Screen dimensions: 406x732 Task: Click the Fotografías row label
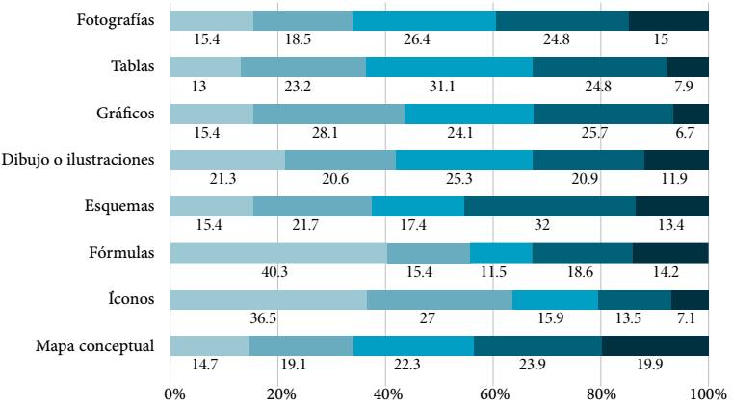[x=116, y=20]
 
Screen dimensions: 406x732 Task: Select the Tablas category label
[x=133, y=66]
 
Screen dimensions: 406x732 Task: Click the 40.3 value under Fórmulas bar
[x=276, y=272]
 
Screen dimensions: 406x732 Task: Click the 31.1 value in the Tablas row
[x=450, y=86]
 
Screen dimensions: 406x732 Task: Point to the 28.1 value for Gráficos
[x=328, y=132]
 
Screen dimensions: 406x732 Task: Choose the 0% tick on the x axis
[x=174, y=393]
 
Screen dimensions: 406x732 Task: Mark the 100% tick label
[x=706, y=393]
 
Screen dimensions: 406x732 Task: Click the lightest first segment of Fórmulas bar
[x=277, y=253]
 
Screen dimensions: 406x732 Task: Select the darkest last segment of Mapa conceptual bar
[x=655, y=346]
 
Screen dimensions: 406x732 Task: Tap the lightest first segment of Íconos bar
[x=268, y=299]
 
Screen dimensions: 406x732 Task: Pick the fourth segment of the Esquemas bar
[x=550, y=207]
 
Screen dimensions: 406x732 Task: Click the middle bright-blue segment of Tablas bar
[x=449, y=66]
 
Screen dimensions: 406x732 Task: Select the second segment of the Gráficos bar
[x=328, y=114]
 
